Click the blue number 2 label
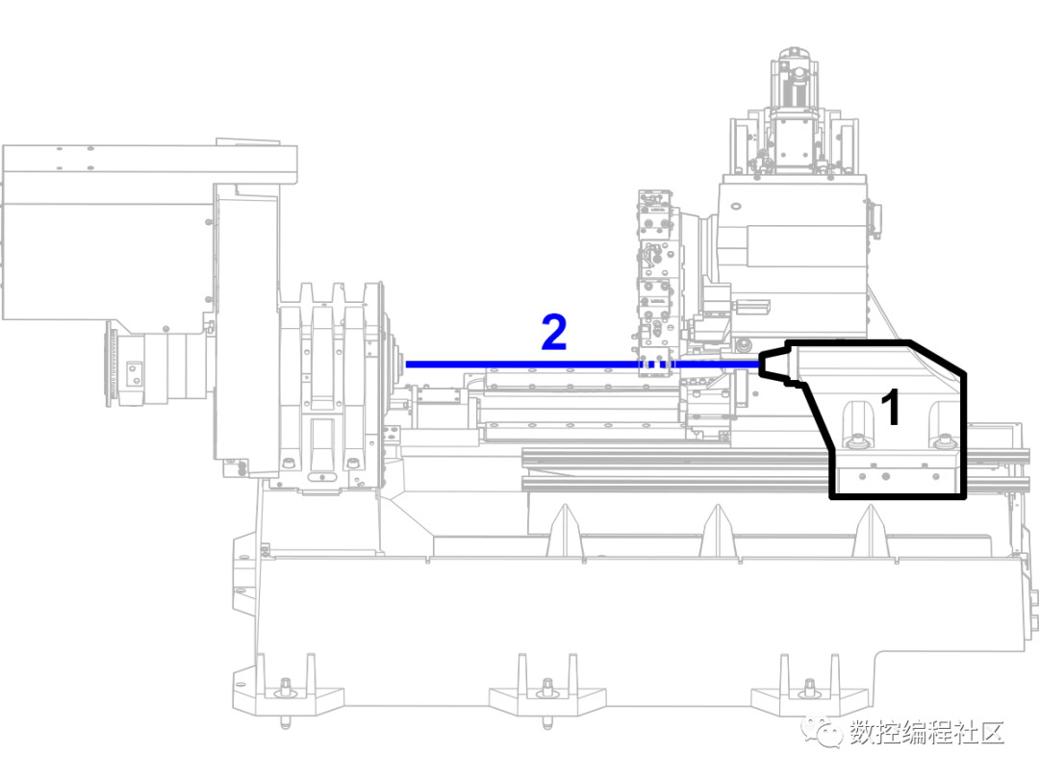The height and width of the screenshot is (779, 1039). click(553, 333)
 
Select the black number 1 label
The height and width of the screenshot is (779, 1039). click(891, 408)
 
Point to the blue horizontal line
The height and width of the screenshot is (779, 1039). click(519, 364)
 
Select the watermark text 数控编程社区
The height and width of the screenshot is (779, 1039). click(926, 733)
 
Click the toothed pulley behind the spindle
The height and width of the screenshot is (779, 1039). click(120, 365)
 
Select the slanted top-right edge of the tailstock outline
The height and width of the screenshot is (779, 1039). click(937, 356)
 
